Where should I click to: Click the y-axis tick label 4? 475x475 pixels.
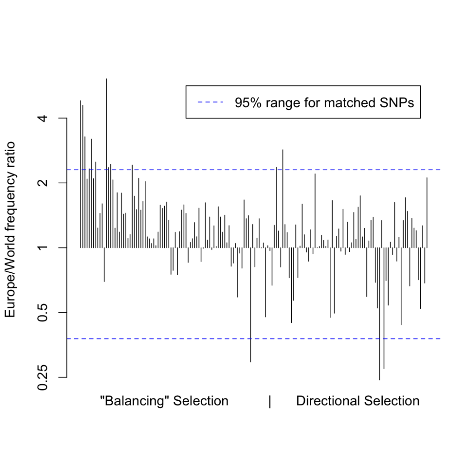click(x=43, y=118)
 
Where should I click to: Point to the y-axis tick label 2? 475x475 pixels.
click(x=43, y=183)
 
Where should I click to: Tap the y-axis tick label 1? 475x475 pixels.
click(x=43, y=248)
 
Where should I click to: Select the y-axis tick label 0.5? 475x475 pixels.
click(x=43, y=313)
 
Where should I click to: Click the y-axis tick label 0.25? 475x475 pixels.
click(x=43, y=377)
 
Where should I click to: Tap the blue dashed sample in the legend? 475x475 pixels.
click(x=210, y=102)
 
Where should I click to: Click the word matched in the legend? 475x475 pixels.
click(x=345, y=102)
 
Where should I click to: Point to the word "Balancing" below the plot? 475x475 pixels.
click(x=135, y=401)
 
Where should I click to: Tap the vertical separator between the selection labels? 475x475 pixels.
click(x=270, y=401)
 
